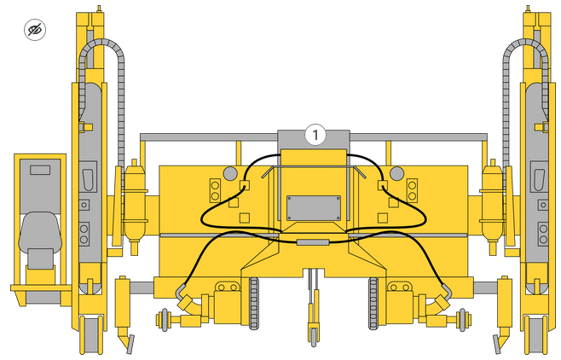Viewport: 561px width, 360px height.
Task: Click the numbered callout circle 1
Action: (x=315, y=135)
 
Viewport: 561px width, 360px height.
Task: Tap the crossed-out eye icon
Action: (x=35, y=30)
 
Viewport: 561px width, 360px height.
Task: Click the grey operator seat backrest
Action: (x=40, y=230)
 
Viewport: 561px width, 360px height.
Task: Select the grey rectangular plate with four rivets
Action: (x=314, y=208)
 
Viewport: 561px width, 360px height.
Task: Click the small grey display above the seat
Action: (x=40, y=170)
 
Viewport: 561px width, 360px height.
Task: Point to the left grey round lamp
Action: (x=230, y=173)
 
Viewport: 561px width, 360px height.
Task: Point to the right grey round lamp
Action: (x=396, y=173)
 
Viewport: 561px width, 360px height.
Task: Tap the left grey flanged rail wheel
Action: (x=165, y=319)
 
